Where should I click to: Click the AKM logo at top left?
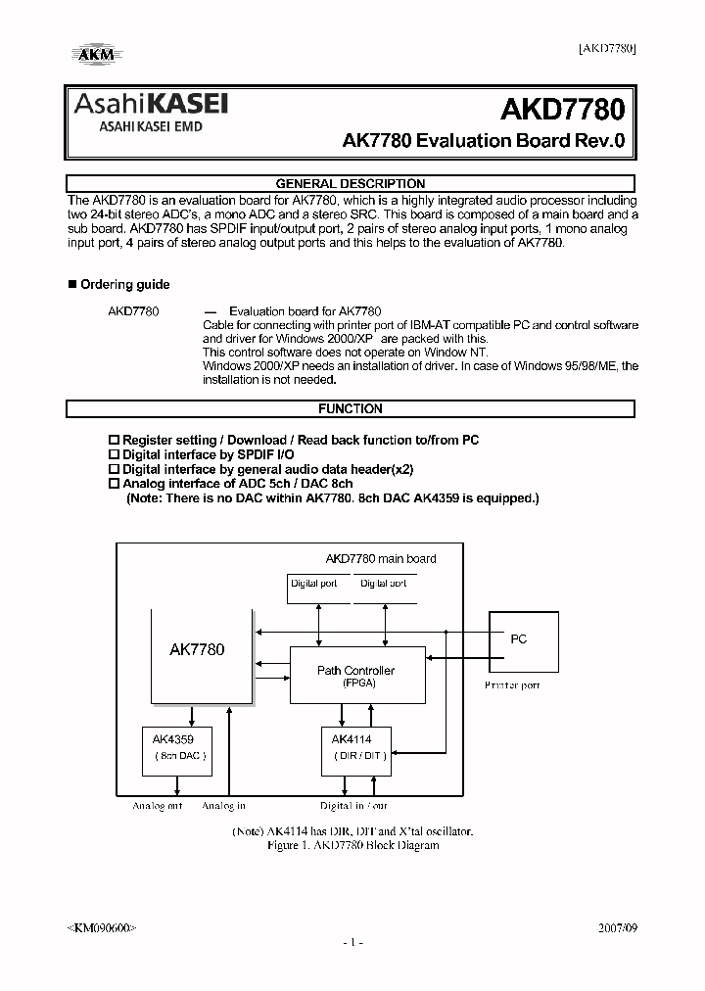(x=95, y=55)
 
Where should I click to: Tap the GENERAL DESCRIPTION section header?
(x=350, y=183)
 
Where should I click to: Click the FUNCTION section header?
(x=350, y=408)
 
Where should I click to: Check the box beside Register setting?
(x=113, y=441)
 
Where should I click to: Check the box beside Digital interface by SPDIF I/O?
(x=113, y=455)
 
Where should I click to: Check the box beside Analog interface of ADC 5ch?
(x=113, y=484)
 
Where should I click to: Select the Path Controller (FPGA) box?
(x=356, y=676)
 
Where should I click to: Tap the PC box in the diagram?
(x=523, y=640)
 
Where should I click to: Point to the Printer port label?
(x=512, y=685)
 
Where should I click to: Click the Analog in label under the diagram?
(x=223, y=806)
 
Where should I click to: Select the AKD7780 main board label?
(x=381, y=559)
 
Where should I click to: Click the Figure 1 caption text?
(x=352, y=845)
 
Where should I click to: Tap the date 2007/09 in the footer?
(x=617, y=926)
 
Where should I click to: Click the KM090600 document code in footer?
(x=102, y=926)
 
